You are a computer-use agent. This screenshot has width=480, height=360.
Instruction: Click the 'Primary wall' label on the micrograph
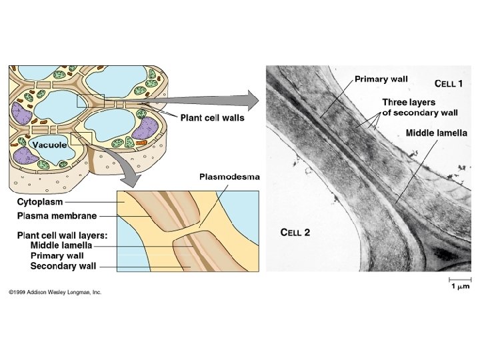click(381, 79)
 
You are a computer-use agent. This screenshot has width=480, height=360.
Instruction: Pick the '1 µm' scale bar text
click(459, 286)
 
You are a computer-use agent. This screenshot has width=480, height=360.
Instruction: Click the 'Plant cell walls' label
click(212, 118)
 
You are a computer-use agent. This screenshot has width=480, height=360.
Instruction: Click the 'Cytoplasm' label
click(40, 201)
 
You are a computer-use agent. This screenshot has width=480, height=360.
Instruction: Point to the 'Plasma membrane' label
click(57, 215)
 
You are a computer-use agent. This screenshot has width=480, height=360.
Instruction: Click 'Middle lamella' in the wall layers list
click(61, 245)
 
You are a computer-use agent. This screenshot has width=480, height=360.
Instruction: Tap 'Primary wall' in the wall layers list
click(57, 255)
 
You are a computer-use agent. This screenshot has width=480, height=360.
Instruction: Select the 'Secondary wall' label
click(63, 266)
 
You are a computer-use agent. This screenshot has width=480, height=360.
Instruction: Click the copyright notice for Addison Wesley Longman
click(55, 292)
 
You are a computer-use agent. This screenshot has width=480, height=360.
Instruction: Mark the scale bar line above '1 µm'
click(459, 278)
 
